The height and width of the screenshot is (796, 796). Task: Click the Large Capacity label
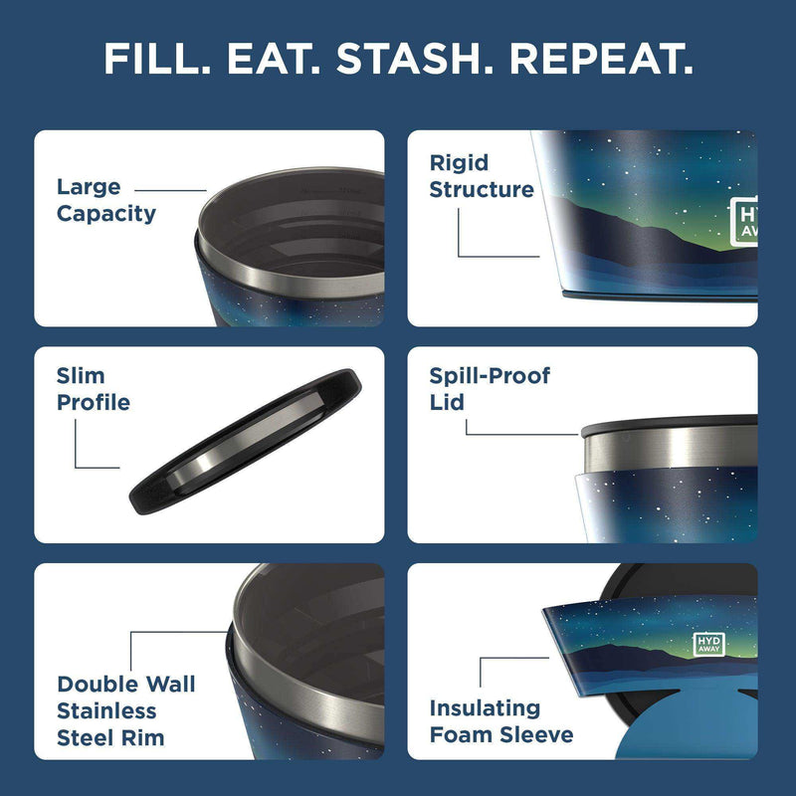click(x=105, y=200)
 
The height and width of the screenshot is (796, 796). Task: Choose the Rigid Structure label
click(x=481, y=176)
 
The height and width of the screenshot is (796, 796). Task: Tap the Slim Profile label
click(x=93, y=389)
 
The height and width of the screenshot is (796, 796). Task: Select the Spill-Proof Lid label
click(x=489, y=389)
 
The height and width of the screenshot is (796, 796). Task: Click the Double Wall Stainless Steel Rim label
click(x=125, y=710)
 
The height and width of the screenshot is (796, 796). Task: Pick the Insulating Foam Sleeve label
click(x=500, y=721)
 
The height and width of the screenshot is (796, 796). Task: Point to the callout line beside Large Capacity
click(x=170, y=189)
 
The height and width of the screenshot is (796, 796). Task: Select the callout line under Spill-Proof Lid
click(x=527, y=434)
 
